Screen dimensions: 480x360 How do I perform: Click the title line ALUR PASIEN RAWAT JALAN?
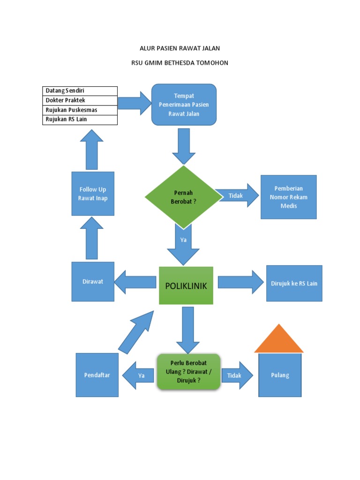[180, 48]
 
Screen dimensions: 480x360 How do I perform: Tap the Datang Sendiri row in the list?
[80, 90]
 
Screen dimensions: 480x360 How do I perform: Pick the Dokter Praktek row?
[80, 100]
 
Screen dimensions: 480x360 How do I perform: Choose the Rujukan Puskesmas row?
[80, 110]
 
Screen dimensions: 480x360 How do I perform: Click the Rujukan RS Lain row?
[80, 120]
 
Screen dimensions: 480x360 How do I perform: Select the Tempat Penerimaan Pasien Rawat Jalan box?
[184, 105]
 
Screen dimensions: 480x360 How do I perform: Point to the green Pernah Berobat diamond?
[183, 196]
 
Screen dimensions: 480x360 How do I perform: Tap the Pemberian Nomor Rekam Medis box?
[288, 197]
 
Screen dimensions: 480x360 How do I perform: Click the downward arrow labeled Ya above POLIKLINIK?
[183, 244]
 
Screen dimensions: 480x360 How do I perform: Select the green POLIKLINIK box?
[186, 285]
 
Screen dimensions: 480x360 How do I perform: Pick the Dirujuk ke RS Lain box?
[294, 283]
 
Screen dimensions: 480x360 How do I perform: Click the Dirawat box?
[93, 281]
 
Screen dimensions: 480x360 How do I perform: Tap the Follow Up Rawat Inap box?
[93, 194]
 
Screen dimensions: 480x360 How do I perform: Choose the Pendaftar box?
[97, 375]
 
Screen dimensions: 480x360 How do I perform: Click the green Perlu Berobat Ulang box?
[188, 372]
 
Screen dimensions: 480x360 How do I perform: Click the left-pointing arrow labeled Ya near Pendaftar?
[138, 375]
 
